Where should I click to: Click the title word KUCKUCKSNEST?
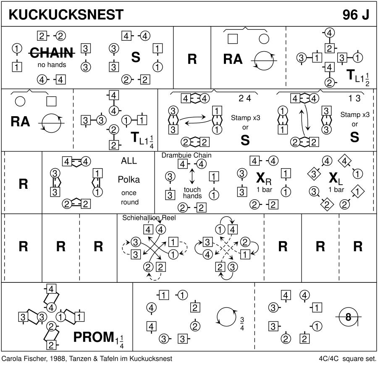[x=66, y=15]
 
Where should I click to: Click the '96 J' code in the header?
[x=355, y=15]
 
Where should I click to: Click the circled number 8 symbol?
[x=348, y=318]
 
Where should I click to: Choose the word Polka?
[x=129, y=180]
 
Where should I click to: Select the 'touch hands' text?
[x=192, y=193]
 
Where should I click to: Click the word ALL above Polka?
[x=129, y=161]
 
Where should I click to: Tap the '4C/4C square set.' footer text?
[x=347, y=359]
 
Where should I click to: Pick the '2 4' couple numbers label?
[x=244, y=99]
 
